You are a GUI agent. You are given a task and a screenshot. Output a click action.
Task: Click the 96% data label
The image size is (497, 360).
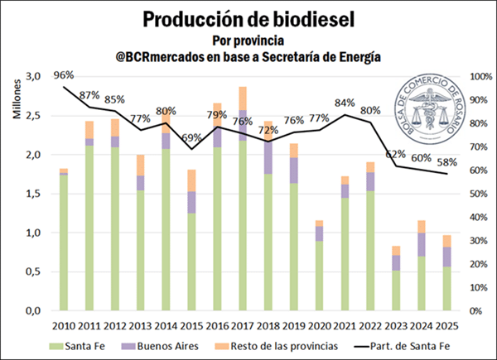click(65, 75)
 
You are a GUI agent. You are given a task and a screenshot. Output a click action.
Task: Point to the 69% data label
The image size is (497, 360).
click(191, 137)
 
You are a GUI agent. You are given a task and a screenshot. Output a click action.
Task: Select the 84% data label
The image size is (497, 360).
click(345, 103)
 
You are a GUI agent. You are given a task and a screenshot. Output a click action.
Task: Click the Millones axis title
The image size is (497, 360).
click(17, 95)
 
